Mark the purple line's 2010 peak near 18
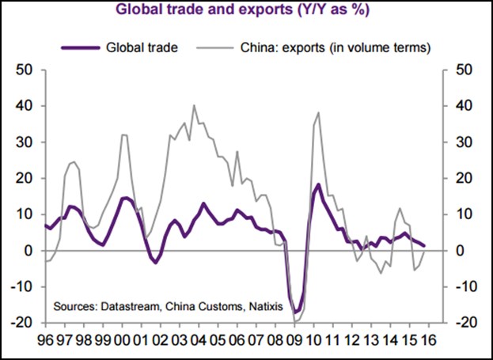point(318,184)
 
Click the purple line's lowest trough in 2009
point(296,313)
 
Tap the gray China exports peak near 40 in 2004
point(195,104)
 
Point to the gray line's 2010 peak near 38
point(318,112)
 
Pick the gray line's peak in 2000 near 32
point(124,135)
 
